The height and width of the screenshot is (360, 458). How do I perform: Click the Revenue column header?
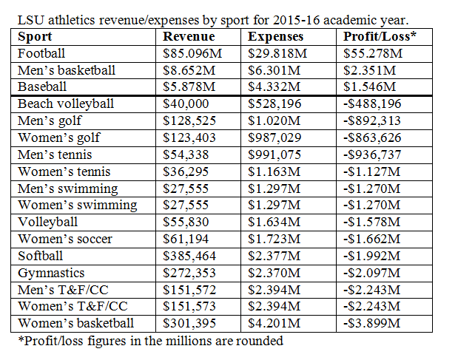pyautogui.click(x=189, y=36)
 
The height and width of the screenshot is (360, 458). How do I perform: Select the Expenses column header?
pyautogui.click(x=275, y=37)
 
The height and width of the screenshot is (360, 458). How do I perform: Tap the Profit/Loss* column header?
pyautogui.click(x=380, y=36)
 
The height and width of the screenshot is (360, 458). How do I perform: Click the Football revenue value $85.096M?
pyautogui.click(x=192, y=53)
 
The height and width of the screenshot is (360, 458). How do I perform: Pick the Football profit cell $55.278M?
pyautogui.click(x=373, y=53)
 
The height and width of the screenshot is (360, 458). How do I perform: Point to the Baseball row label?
pyautogui.click(x=42, y=86)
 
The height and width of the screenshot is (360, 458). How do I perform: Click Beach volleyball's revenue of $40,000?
pyautogui.click(x=186, y=103)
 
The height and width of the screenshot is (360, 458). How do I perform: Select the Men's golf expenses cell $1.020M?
pyautogui.click(x=274, y=120)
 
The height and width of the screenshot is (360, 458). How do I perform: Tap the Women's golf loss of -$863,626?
pyautogui.click(x=372, y=137)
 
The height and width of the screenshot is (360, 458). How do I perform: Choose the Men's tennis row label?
pyautogui.click(x=55, y=154)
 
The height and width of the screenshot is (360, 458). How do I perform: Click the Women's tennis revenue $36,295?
pyautogui.click(x=186, y=171)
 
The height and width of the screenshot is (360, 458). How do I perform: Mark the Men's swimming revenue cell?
pyautogui.click(x=186, y=189)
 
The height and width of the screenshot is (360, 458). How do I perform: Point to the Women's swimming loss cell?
pyautogui.click(x=371, y=205)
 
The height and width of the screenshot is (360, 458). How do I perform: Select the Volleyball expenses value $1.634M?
pyautogui.click(x=274, y=222)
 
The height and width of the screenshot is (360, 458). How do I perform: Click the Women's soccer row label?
pyautogui.click(x=65, y=239)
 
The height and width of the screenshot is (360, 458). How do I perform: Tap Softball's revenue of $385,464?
pyautogui.click(x=189, y=256)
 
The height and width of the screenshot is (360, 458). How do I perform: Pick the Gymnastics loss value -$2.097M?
pyautogui.click(x=371, y=273)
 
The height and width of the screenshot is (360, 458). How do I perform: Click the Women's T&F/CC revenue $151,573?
pyautogui.click(x=189, y=306)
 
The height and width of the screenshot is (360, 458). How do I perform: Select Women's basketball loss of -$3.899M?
pyautogui.click(x=371, y=323)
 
